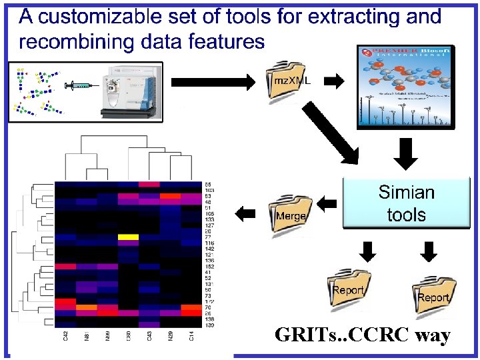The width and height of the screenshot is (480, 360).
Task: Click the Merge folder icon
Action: (290, 214)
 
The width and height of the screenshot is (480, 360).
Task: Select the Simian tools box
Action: (406, 204)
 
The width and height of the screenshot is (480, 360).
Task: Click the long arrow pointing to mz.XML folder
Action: (213, 82)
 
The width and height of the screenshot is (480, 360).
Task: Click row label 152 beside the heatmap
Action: (208, 266)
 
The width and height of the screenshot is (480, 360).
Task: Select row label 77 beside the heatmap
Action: (208, 237)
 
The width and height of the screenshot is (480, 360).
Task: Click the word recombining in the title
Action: (73, 42)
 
